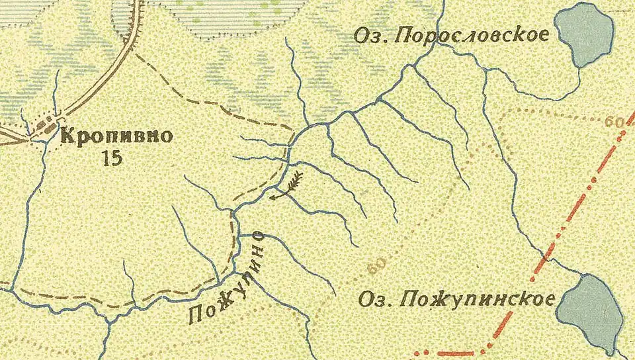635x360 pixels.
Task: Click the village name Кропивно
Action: point(116,138)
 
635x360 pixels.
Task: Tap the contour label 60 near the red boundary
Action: point(614,122)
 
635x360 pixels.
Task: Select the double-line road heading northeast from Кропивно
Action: point(99,89)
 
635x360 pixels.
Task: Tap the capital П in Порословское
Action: point(402,36)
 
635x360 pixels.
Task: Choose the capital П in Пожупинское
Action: point(407,298)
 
